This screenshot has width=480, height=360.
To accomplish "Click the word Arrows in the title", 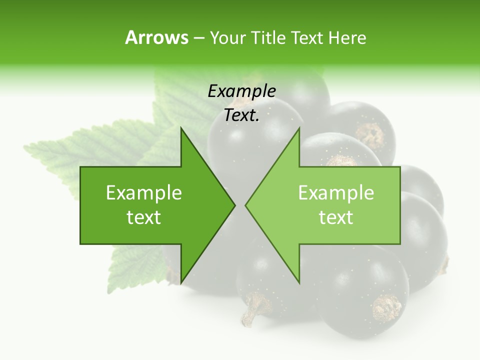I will pyautogui.click(x=156, y=37).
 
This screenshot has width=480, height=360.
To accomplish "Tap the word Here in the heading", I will pyautogui.click(x=347, y=37).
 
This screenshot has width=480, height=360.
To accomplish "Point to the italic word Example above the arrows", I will pyautogui.click(x=241, y=91).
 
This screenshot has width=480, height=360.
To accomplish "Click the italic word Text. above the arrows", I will pyautogui.click(x=241, y=115).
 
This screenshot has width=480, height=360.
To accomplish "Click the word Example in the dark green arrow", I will pyautogui.click(x=143, y=192).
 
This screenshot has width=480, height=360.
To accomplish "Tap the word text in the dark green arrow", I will pyautogui.click(x=143, y=217).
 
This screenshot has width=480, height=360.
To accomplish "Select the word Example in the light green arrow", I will pyautogui.click(x=336, y=192).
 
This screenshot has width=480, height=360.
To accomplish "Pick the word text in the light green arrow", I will pyautogui.click(x=336, y=217).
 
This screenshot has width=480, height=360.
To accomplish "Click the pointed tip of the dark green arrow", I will pyautogui.click(x=235, y=205).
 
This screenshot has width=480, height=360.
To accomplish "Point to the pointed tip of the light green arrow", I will pyautogui.click(x=245, y=205).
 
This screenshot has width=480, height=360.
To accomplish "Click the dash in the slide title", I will pyautogui.click(x=198, y=38).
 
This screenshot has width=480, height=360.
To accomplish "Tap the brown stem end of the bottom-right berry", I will pyautogui.click(x=386, y=308).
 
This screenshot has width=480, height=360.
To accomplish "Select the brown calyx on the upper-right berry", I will pyautogui.click(x=370, y=134).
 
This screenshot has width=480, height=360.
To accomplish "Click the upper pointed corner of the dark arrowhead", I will pyautogui.click(x=181, y=128).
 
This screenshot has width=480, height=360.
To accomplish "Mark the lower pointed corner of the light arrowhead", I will pyautogui.click(x=299, y=283).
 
